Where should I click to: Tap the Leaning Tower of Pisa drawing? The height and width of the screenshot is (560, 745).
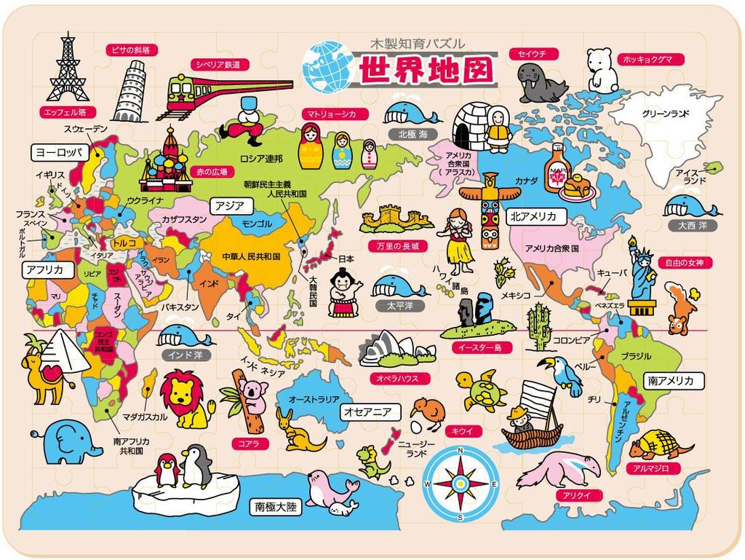[130, 90]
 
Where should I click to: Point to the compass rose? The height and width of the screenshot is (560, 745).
[460, 482]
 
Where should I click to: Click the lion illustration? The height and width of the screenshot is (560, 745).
[186, 398]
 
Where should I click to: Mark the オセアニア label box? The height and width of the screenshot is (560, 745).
[368, 411]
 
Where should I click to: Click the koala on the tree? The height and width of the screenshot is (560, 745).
[252, 395]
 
